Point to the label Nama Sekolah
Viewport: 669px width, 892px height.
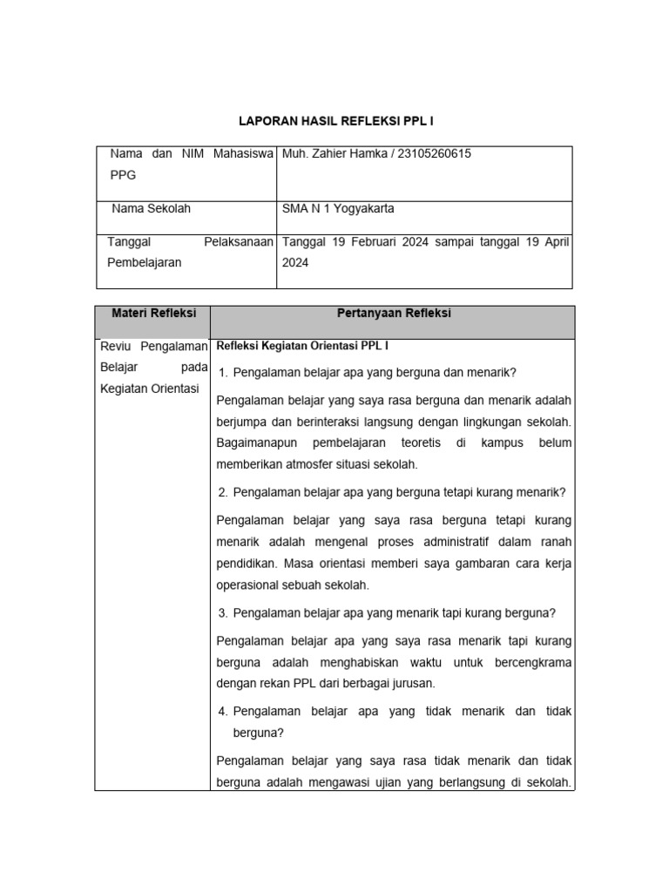point(151,209)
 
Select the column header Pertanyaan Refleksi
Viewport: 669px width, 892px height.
point(393,314)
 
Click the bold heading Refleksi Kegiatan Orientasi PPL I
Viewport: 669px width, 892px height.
point(302,346)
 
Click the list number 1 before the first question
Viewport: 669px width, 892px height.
point(223,373)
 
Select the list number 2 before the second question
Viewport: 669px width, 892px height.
point(223,492)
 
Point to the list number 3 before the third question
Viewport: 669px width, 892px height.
point(223,612)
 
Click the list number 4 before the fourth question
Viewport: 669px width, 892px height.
point(223,712)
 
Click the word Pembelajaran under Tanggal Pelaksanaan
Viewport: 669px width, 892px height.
point(145,262)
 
